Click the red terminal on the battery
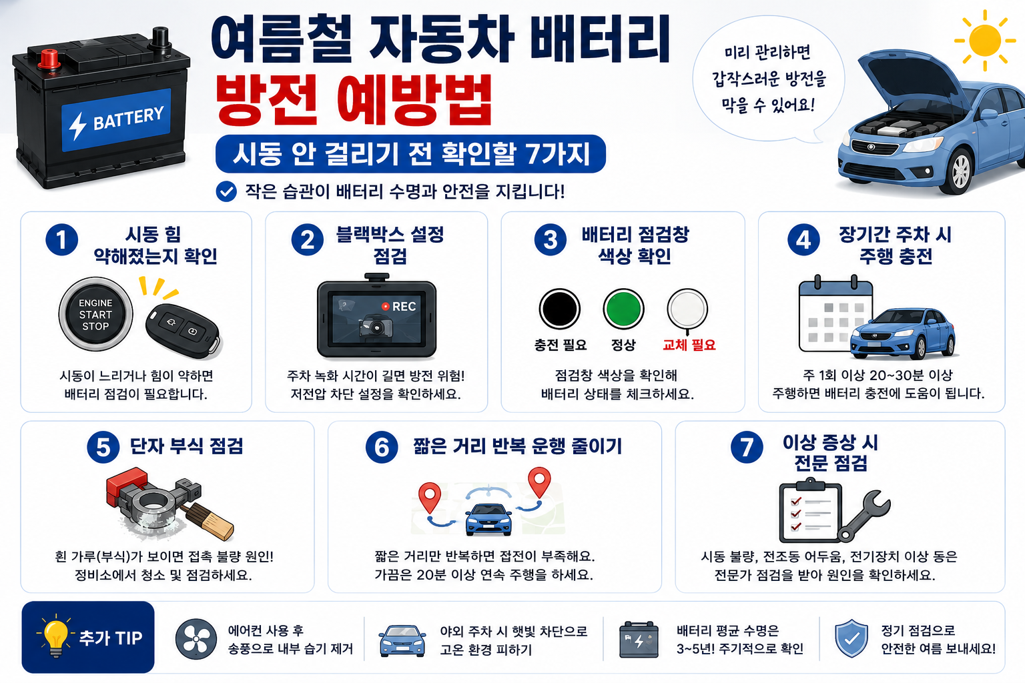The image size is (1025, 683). point(49,59)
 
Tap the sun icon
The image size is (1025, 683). point(984,40)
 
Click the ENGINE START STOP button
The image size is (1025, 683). point(95,314)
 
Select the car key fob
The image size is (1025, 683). point(184,331)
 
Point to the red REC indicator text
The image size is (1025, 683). point(399,307)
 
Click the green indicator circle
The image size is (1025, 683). point(623,309)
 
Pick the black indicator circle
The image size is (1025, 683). point(560,309)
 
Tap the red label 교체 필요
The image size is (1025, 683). point(689,344)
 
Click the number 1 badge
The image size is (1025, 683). point(62,239)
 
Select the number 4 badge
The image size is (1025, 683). point(803,239)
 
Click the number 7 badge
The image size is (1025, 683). point(747,447)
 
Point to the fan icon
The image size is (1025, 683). point(196,638)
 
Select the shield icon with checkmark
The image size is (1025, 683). point(851,638)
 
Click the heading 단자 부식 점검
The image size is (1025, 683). point(186,446)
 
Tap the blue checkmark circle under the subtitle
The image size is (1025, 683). point(226,191)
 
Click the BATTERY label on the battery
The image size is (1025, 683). point(116,120)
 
